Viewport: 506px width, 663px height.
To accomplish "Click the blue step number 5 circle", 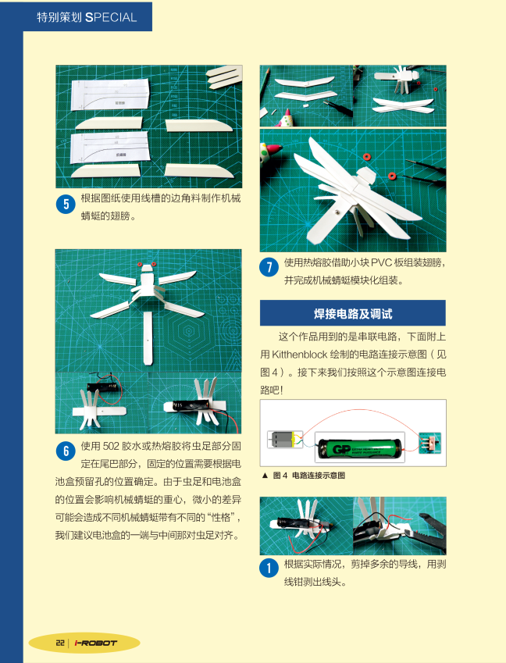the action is (66, 205).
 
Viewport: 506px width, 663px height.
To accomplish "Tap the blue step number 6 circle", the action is (66, 451).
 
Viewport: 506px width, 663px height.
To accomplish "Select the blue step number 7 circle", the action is (269, 267).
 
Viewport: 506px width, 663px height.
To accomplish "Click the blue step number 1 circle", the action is (269, 569).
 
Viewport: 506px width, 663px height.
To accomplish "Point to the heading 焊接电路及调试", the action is (353, 314).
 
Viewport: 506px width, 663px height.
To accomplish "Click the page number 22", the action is (60, 643).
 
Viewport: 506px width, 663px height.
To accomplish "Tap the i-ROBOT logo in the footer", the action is (95, 643).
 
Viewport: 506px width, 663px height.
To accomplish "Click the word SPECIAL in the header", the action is (111, 17).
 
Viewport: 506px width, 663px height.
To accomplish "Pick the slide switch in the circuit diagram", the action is (430, 443).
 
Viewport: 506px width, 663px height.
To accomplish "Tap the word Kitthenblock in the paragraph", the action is (300, 355).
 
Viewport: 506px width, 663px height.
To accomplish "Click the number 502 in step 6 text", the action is (111, 446).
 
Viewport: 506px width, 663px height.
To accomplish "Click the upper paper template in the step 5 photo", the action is (110, 94).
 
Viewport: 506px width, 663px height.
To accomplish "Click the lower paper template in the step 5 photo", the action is (110, 148).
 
